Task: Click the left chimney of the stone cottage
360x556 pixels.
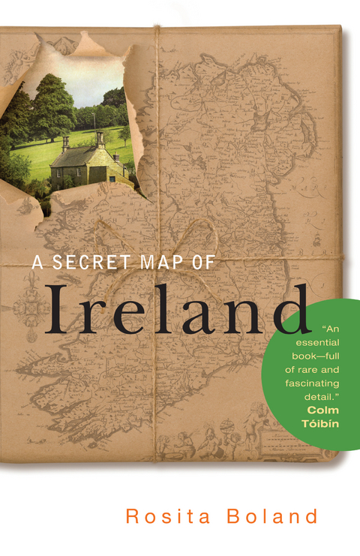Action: tap(66, 143)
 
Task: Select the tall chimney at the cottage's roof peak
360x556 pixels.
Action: tap(100, 140)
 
